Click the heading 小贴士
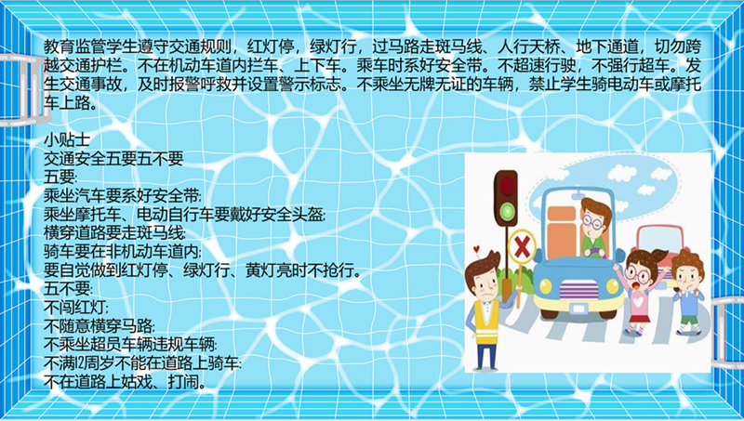click(x=67, y=139)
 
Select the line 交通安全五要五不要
click(x=113, y=158)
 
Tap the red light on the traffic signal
click(x=506, y=185)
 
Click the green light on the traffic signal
click(x=507, y=210)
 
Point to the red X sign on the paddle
click(x=522, y=246)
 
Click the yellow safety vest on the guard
click(x=486, y=321)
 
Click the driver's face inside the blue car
click(x=593, y=223)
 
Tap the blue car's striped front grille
click(x=578, y=288)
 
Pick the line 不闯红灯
click(x=76, y=308)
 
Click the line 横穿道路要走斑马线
click(x=114, y=232)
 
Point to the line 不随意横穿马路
click(x=100, y=326)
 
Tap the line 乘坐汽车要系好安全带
click(x=123, y=195)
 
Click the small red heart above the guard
click(x=476, y=248)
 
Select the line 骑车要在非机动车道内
click(x=123, y=251)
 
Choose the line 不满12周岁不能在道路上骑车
click(x=142, y=363)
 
